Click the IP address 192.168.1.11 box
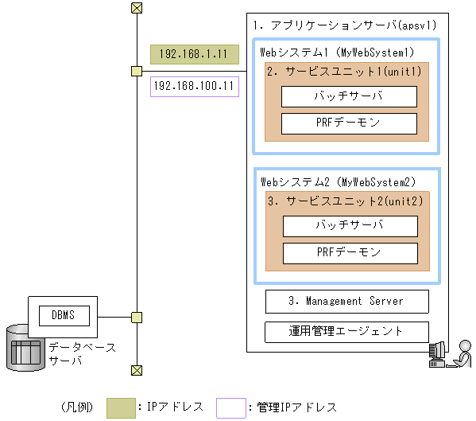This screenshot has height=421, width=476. coord(194,54)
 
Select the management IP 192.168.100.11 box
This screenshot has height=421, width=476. coord(194,85)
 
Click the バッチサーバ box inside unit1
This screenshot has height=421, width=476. coord(349,97)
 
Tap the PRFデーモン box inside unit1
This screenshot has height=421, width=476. coord(349,123)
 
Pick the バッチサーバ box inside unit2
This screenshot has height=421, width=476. coord(350,226)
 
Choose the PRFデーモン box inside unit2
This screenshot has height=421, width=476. coord(350,253)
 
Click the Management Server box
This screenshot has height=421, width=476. coord(346,302)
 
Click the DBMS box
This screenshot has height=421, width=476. coord(63,315)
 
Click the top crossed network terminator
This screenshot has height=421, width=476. coord(137,8)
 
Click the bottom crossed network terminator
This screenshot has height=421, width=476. coord(137,370)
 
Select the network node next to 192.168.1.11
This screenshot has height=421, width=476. coord(137,72)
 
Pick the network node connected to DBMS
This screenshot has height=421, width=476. coord(137,318)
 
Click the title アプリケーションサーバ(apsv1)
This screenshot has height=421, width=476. coord(346,25)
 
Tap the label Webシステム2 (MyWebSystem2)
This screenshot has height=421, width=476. coord(339,182)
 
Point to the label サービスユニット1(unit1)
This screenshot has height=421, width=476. coord(344,72)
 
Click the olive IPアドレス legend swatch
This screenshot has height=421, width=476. coord(121,407)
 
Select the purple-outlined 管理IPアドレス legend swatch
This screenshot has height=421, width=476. coord(230,407)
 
